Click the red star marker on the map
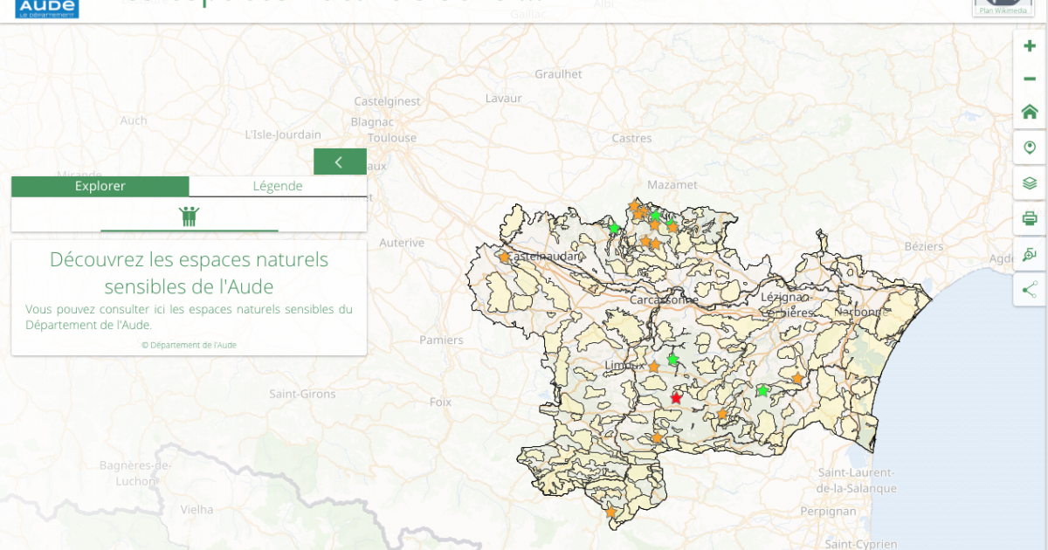coord(676,398)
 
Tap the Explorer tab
coord(100,186)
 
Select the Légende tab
coord(278,186)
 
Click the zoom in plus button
coord(1030,46)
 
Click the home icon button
coord(1030,112)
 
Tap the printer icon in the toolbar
coord(1030,218)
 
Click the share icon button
coord(1030,290)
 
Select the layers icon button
coord(1030,183)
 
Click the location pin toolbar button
coord(1030,148)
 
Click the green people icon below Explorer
coord(190,216)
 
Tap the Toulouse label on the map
coord(392,138)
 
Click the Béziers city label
coord(924,247)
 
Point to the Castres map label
coord(631,139)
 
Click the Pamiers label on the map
coord(441,340)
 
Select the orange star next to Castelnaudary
coord(504,257)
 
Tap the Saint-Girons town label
coord(302,395)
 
